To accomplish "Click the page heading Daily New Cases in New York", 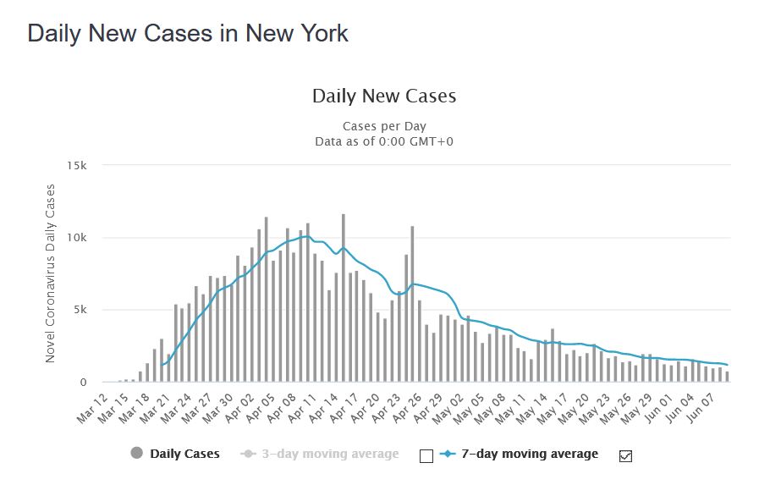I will point(188,34).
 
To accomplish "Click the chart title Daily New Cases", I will point(384,96).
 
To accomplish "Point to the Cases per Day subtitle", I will point(384,127).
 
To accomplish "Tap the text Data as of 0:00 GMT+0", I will point(384,141).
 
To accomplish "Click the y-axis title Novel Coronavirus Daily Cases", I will point(50,273).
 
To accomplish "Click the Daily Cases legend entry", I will point(184,454).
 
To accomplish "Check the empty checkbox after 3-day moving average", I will point(426,455).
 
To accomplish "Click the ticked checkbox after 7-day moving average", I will point(626,455).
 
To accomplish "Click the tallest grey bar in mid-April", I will point(344,296).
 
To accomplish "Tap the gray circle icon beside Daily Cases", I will point(137,454).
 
